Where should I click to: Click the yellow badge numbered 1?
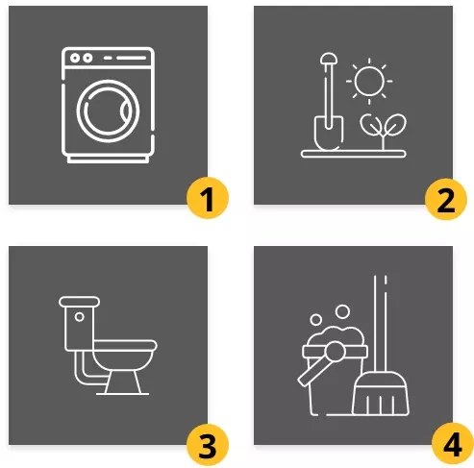click(x=208, y=199)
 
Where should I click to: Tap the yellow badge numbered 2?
click(x=446, y=199)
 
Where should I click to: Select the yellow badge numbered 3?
click(x=208, y=445)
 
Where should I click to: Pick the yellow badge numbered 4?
click(x=453, y=444)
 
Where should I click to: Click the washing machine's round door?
click(x=108, y=80)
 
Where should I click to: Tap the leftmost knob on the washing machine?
click(x=75, y=58)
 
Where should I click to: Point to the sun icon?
click(x=369, y=81)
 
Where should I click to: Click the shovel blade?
click(x=329, y=133)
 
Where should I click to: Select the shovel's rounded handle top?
click(x=329, y=59)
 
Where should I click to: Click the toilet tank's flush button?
click(x=79, y=317)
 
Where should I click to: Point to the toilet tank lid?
click(x=79, y=302)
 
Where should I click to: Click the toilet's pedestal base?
click(x=123, y=382)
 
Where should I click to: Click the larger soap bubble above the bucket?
click(x=342, y=311)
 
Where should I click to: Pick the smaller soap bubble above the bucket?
click(x=315, y=319)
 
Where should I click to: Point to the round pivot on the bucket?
click(x=334, y=351)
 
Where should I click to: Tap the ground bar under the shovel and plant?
click(x=354, y=154)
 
